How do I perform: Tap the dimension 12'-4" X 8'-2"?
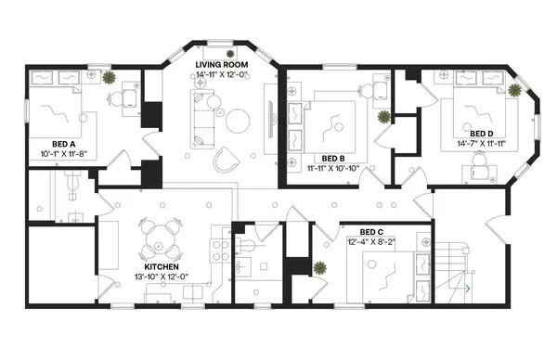tap(372, 242)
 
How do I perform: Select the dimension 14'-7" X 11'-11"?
tap(481, 144)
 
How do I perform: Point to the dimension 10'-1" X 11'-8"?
tap(63, 154)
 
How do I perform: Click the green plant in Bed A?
tap(110, 78)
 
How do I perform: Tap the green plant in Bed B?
tap(383, 118)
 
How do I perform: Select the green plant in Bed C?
tap(319, 269)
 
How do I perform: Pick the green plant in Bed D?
tap(514, 89)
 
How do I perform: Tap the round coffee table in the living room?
tap(240, 120)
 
